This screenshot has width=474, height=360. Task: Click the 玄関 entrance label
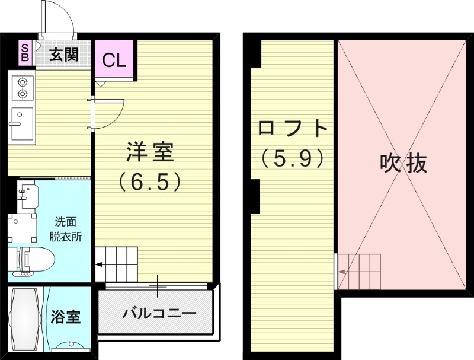64,55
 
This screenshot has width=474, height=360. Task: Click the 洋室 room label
150,152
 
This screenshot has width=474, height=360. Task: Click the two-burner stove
23,87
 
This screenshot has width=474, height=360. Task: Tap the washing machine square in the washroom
22,227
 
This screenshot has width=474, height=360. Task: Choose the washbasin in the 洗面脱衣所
26,194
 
